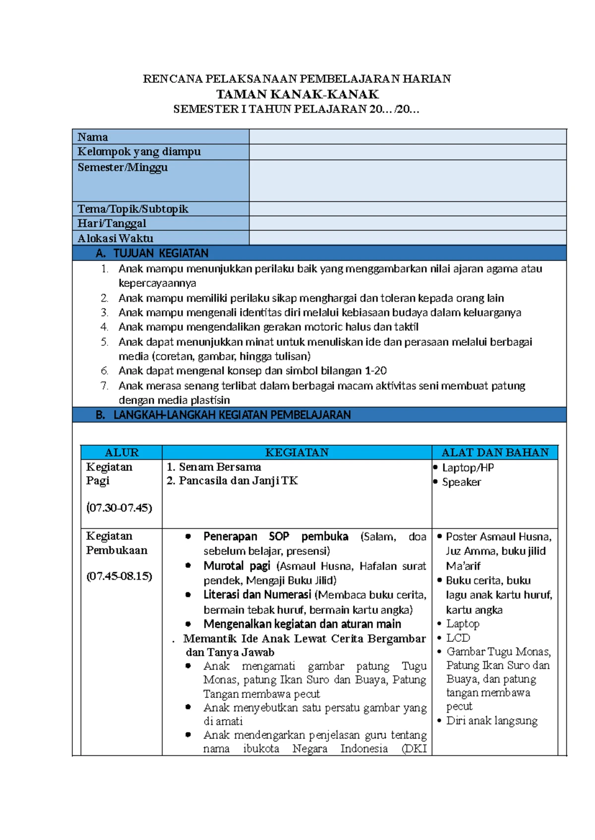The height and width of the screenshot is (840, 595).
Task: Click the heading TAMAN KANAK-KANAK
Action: click(x=297, y=94)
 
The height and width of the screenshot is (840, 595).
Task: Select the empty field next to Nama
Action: click(x=408, y=137)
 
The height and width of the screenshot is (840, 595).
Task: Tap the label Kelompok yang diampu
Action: click(x=139, y=152)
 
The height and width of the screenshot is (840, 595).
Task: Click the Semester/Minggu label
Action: click(x=122, y=167)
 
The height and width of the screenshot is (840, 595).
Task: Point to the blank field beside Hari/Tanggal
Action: click(x=408, y=223)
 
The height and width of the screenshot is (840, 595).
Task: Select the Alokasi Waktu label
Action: click(x=116, y=238)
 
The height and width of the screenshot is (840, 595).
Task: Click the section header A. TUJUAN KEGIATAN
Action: click(x=152, y=254)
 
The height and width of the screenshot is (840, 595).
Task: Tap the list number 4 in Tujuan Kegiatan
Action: click(x=104, y=327)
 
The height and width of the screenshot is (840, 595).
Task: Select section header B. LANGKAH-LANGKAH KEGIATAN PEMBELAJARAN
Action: click(x=223, y=415)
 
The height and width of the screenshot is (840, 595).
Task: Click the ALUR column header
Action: click(x=121, y=452)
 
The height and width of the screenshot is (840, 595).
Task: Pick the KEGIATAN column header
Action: click(x=297, y=452)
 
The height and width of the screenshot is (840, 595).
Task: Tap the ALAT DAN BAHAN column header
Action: click(x=495, y=452)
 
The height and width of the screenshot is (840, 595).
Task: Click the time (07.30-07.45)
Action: click(x=119, y=508)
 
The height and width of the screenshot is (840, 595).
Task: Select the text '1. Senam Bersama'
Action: click(x=214, y=467)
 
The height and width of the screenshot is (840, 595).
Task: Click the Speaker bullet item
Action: click(x=461, y=482)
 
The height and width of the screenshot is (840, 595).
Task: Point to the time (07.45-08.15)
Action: click(x=119, y=576)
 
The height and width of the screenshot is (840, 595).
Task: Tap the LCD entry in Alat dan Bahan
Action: click(x=458, y=638)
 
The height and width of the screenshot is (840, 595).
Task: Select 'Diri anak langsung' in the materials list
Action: click(x=491, y=721)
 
